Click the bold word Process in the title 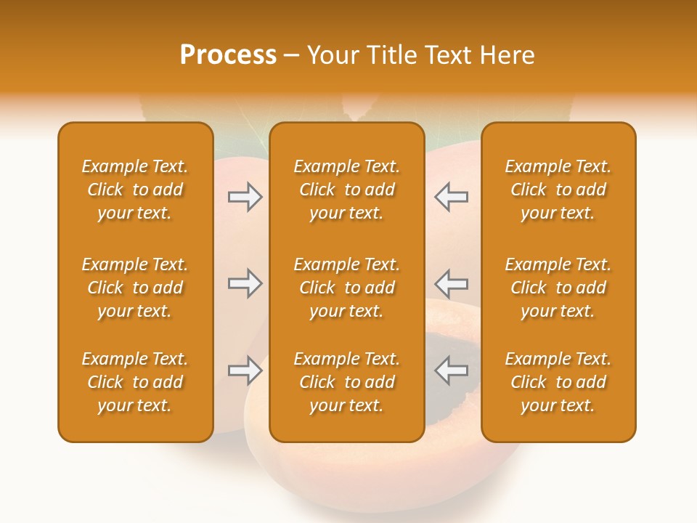(228, 55)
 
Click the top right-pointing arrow (245, 197)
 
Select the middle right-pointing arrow (245, 283)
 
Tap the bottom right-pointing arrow (245, 370)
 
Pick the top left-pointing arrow (451, 197)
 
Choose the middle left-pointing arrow (451, 283)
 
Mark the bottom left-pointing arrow (451, 370)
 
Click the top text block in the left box (135, 190)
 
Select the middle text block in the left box (135, 288)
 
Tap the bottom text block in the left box (135, 382)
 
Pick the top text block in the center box (347, 190)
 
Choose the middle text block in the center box (347, 288)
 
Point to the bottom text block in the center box (347, 382)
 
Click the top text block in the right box (558, 190)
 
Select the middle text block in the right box (558, 288)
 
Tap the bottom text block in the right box (558, 382)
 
